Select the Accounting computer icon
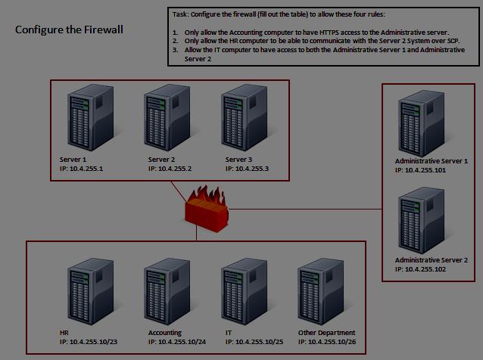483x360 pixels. pyautogui.click(x=167, y=292)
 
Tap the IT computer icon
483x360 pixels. pyautogui.click(x=244, y=292)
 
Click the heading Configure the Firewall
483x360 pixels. pyautogui.click(x=69, y=29)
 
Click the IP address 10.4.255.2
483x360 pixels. pyautogui.click(x=170, y=168)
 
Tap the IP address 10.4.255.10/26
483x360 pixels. pyautogui.click(x=326, y=342)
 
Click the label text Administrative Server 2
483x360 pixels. pyautogui.click(x=432, y=259)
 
